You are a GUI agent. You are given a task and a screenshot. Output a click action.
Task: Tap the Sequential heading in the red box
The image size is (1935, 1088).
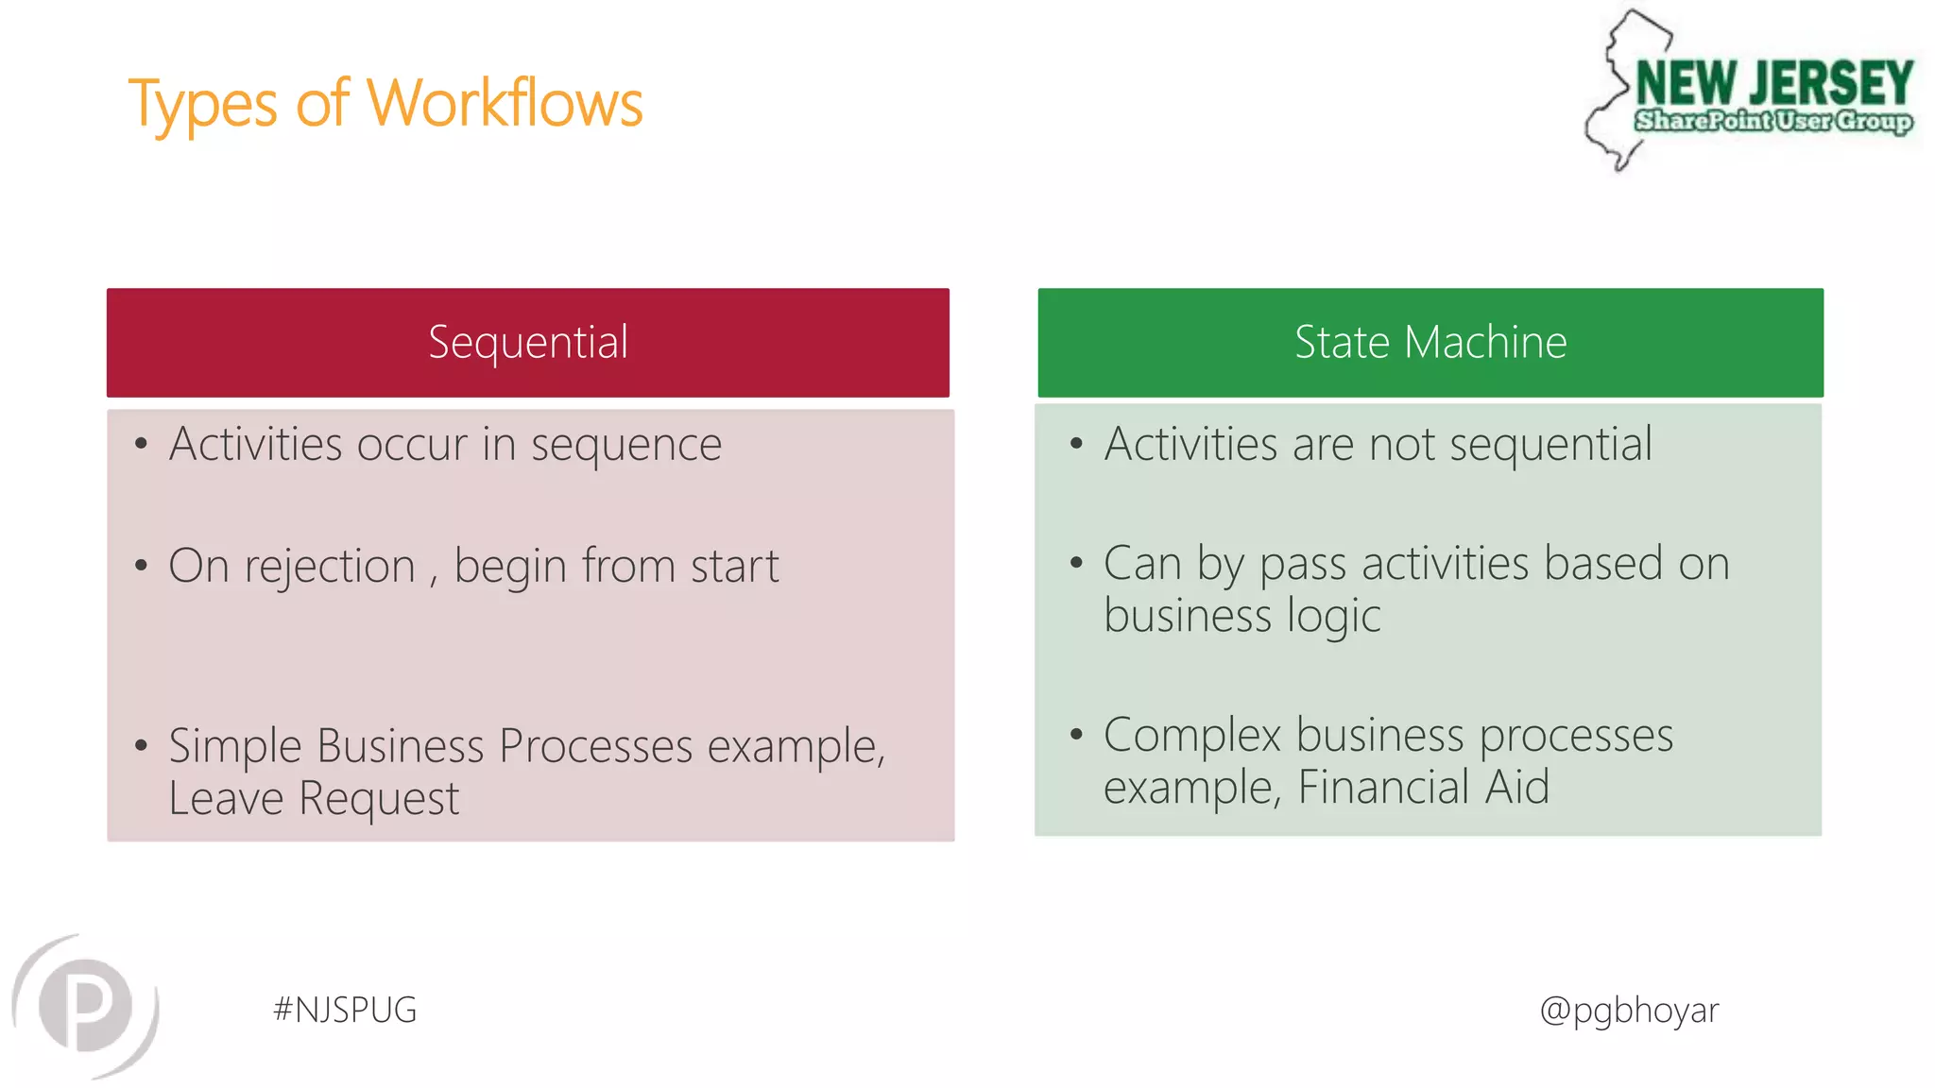[527, 342]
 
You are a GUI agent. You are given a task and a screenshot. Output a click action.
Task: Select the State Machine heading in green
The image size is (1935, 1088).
[1430, 342]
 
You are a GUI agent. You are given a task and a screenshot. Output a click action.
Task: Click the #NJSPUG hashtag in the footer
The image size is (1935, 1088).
[345, 1010]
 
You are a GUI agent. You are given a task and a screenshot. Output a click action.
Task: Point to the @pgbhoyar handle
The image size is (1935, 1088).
[1629, 1010]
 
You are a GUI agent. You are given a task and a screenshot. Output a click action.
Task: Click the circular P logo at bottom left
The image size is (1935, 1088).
[86, 1006]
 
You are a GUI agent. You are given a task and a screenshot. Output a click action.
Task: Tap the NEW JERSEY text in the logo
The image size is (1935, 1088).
[1773, 83]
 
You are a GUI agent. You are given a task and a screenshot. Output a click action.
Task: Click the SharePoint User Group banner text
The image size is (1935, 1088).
[1773, 121]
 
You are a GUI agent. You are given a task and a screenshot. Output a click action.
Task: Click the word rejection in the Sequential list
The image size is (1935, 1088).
[330, 567]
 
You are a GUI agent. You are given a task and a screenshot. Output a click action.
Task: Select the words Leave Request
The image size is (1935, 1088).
[314, 799]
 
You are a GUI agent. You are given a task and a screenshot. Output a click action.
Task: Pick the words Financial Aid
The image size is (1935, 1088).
[1423, 787]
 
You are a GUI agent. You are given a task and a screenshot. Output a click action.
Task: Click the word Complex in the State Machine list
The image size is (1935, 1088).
[1191, 736]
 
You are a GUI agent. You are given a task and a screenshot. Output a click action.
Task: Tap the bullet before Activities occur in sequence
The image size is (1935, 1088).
[141, 444]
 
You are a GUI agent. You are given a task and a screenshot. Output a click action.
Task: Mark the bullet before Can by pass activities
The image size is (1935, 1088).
[1076, 563]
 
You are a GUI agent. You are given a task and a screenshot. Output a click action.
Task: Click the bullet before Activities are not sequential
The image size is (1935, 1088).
[1076, 444]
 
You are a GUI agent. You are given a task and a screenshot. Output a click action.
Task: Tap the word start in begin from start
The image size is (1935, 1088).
[734, 567]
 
